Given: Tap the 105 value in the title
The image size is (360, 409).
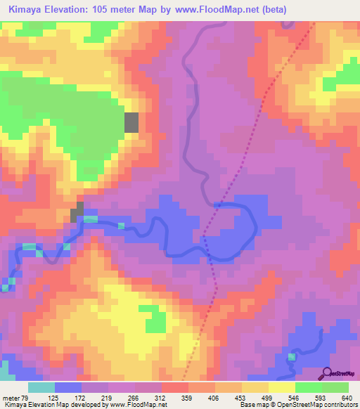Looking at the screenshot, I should [x=97, y=9].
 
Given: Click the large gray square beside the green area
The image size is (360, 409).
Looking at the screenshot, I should [x=131, y=122].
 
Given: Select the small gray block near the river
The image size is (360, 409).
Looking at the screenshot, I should [x=78, y=212].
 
